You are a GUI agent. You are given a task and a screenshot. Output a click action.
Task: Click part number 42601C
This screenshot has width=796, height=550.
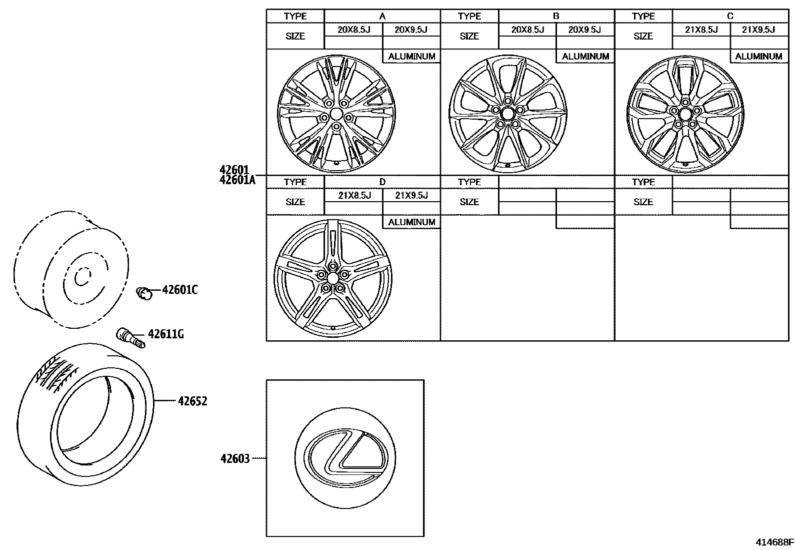click(179, 290)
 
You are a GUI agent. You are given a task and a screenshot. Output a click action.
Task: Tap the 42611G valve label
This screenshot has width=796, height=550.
click(165, 334)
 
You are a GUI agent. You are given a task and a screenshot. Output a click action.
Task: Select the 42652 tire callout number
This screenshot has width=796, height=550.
click(192, 401)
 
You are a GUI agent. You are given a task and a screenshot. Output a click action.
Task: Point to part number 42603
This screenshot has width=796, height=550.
click(235, 458)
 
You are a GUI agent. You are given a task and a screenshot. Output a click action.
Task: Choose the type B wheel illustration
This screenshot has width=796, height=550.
click(507, 114)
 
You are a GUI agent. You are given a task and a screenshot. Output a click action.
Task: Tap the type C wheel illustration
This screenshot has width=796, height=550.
click(684, 114)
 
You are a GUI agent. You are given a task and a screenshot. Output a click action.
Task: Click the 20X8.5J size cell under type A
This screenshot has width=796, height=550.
click(353, 30)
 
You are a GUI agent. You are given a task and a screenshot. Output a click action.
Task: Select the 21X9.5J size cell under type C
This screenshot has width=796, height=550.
click(758, 30)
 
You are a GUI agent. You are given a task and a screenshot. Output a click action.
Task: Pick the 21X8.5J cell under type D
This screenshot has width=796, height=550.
click(354, 195)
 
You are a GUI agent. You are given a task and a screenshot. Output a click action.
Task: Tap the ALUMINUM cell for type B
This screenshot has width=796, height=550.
click(585, 57)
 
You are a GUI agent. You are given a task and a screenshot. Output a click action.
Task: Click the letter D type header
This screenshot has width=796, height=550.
click(382, 182)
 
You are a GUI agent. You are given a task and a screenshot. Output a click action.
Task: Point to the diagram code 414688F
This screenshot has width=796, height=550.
click(774, 541)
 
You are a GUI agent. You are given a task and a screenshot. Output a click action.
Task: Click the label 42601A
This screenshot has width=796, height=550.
click(237, 180)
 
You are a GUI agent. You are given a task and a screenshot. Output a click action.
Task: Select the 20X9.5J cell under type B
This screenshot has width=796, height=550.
click(585, 30)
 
